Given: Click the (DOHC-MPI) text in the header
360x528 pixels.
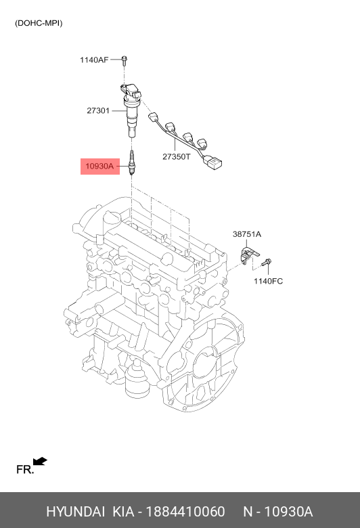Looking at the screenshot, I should point(39,23).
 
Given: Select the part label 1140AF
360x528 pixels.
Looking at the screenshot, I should point(94,60).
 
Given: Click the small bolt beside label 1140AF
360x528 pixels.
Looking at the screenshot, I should point(125,60).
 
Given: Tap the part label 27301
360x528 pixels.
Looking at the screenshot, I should point(98,110).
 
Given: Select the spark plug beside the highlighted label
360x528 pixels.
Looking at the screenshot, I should point(132,163).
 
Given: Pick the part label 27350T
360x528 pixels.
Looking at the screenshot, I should point(177,156).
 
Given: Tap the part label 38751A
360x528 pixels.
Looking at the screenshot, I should point(247,234).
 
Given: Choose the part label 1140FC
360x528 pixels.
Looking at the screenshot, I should point(268,281).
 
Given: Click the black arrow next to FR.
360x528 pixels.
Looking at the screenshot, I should point(40,462).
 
